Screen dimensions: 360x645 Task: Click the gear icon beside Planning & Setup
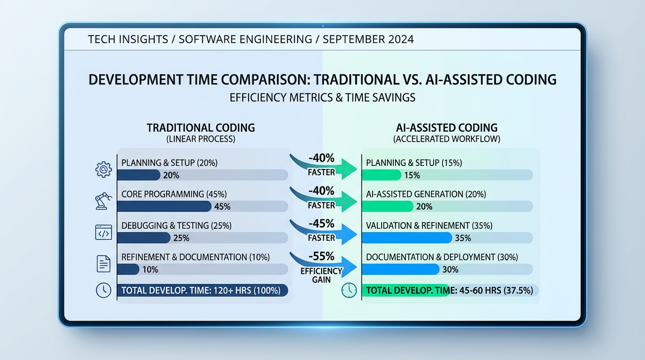[x=103, y=169]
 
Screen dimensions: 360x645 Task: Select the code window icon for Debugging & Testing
[x=103, y=232]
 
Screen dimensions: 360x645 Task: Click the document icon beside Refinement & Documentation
[x=103, y=263]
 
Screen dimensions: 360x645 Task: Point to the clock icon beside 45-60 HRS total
[x=349, y=290]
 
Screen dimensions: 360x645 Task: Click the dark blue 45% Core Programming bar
[x=164, y=207]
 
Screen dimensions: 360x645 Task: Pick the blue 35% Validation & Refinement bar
[x=407, y=238]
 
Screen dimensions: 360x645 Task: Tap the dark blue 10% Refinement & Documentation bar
[x=128, y=270]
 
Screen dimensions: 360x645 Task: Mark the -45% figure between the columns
[x=322, y=223]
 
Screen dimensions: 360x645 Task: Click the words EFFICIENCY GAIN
[x=322, y=275]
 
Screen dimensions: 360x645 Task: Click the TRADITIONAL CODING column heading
[x=201, y=127]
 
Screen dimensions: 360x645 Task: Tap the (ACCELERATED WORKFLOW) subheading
[x=446, y=139]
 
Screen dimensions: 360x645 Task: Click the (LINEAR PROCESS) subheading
[x=201, y=139]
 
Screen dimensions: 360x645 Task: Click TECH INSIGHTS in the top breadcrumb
[x=127, y=39]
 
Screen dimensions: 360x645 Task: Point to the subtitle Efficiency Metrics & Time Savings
[x=322, y=98]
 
